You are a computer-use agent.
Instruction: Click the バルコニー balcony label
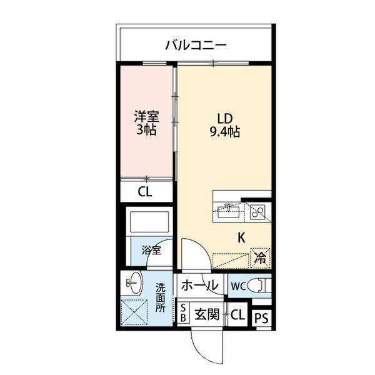click(196, 45)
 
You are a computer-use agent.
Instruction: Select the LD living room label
click(226, 119)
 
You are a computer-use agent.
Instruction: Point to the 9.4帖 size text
click(226, 132)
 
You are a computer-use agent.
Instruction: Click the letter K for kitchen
click(241, 237)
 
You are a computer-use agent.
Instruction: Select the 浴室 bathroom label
click(151, 250)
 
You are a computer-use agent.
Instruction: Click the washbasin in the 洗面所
click(134, 284)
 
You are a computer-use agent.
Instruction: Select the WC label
click(237, 286)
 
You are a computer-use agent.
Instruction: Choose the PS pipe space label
click(262, 317)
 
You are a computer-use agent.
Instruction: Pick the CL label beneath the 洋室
click(145, 192)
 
